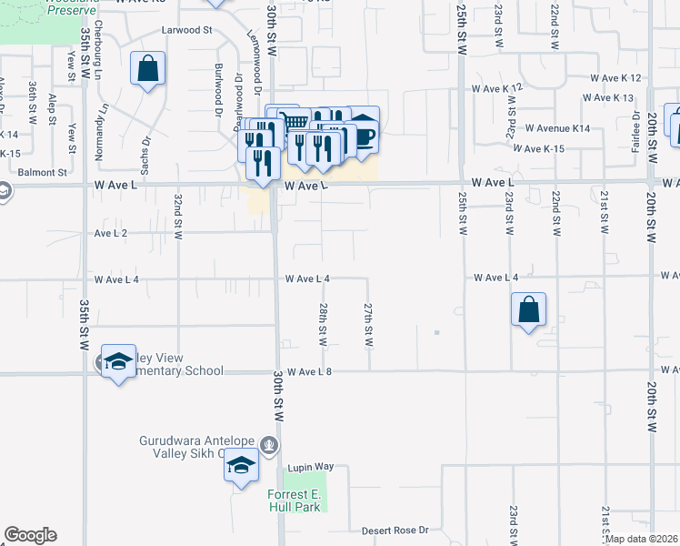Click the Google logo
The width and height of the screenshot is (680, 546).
pos(30,535)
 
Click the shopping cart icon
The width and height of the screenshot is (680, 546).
pos(293,122)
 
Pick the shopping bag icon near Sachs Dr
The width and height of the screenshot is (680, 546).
pos(147,68)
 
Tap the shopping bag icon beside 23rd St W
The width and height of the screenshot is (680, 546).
pos(528,310)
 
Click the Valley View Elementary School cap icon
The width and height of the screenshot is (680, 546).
pos(117,362)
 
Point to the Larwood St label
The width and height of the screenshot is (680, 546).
pos(186,30)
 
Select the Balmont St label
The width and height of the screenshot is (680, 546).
pos(43,171)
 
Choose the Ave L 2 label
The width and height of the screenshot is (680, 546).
pos(111,234)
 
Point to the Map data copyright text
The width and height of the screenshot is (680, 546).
pos(642,539)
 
